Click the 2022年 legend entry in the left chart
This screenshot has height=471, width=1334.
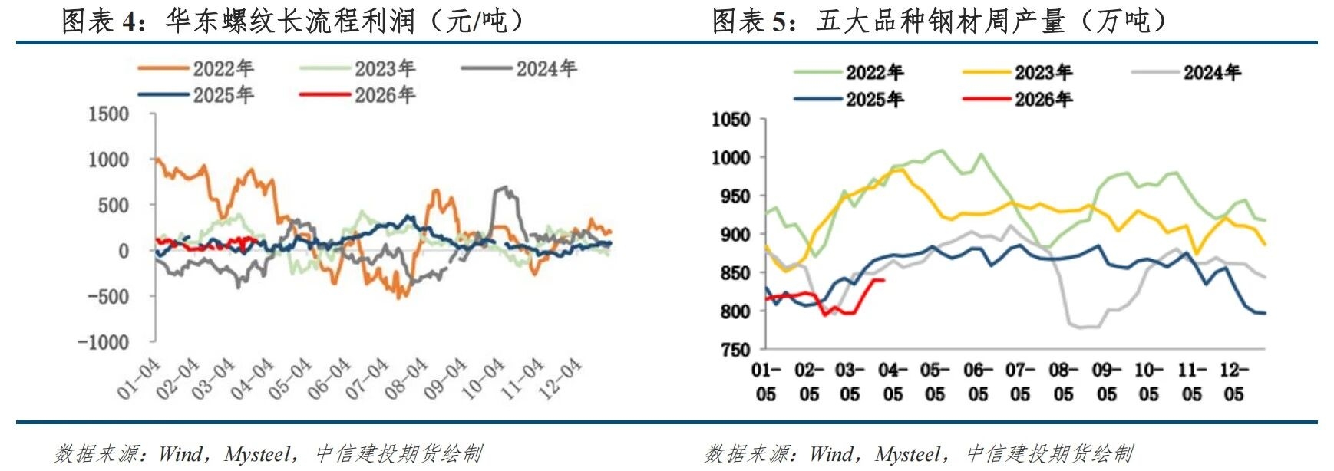pyautogui.click(x=223, y=69)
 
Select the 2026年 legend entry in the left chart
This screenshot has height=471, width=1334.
pyautogui.click(x=385, y=95)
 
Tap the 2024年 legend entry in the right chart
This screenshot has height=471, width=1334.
pyautogui.click(x=1211, y=73)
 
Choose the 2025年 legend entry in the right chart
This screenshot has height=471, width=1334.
pyautogui.click(x=874, y=99)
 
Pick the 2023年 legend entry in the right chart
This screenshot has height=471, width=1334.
pyautogui.click(x=1043, y=73)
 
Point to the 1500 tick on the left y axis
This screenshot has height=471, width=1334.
pyautogui.click(x=108, y=114)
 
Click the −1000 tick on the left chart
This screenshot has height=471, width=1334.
pyautogui.click(x=103, y=342)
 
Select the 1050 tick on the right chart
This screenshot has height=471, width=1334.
pyautogui.click(x=730, y=120)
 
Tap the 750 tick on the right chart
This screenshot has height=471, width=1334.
pyautogui.click(x=735, y=350)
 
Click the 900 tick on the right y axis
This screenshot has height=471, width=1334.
pyautogui.click(x=735, y=235)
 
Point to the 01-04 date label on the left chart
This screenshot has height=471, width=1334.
pyautogui.click(x=138, y=378)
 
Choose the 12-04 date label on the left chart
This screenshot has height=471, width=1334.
pyautogui.click(x=560, y=378)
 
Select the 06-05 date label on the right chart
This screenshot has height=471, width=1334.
pyautogui.click(x=978, y=382)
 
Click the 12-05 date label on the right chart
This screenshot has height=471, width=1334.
pyautogui.click(x=1233, y=382)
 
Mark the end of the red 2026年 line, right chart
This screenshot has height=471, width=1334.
pyautogui.click(x=884, y=280)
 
